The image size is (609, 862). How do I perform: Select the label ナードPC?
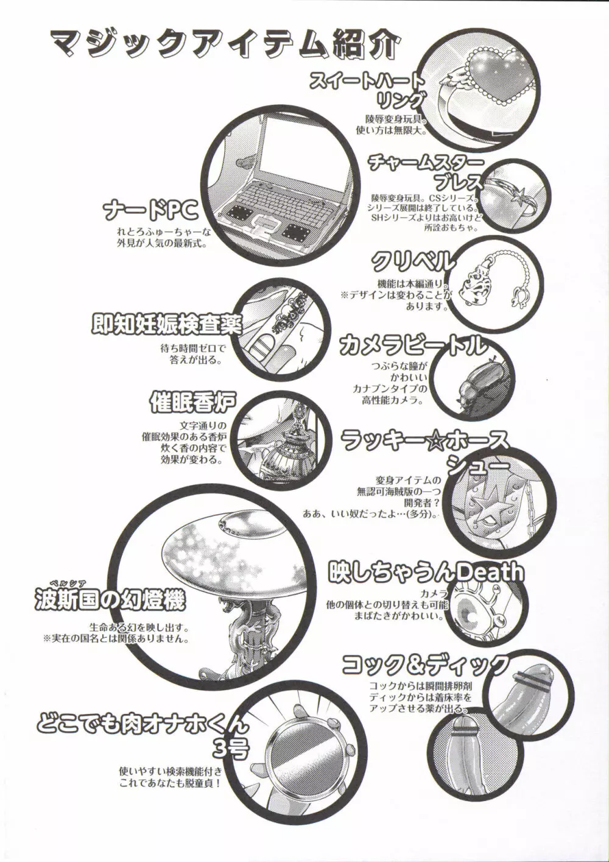pyautogui.click(x=150, y=211)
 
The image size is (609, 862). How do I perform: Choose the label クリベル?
pyautogui.click(x=412, y=262)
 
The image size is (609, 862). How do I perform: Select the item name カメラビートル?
pyautogui.click(x=413, y=345)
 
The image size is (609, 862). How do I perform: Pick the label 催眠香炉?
pyautogui.click(x=192, y=403)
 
